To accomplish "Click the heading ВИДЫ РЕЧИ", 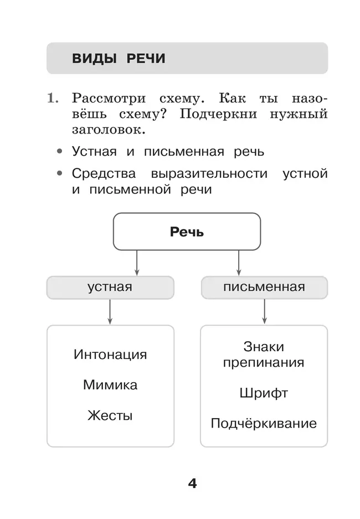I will click(118, 59).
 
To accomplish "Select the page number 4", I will click(192, 483).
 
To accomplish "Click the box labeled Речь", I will click(187, 232).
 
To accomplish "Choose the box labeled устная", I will click(110, 287).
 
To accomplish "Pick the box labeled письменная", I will click(264, 287).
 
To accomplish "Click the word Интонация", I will click(110, 354).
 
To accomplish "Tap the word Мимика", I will click(110, 385).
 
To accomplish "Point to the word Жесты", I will click(110, 415).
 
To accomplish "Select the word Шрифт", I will click(264, 393).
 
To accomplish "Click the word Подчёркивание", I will click(264, 424).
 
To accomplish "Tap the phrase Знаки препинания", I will click(264, 354).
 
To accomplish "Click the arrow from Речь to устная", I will click(137, 263).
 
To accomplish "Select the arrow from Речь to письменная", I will click(239, 263).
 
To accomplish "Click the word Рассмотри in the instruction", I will click(109, 99).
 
